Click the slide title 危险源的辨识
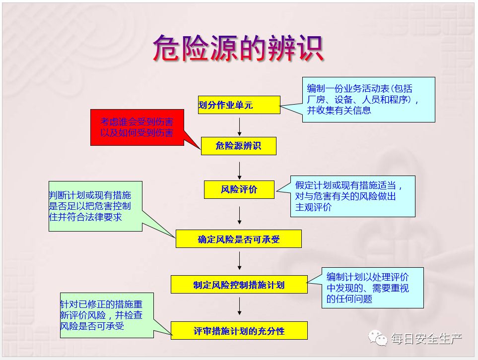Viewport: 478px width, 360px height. point(238,48)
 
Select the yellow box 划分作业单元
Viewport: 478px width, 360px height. point(239,105)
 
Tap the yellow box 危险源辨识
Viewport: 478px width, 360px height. point(239,146)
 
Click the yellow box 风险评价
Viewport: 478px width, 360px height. point(239,190)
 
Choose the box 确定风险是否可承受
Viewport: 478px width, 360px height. point(239,239)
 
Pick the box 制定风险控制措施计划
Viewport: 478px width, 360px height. point(239,285)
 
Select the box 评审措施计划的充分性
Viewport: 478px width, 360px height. point(239,330)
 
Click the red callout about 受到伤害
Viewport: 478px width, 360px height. point(137,127)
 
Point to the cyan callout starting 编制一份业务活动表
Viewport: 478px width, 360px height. point(369,100)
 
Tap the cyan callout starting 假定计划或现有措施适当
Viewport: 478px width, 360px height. point(353,196)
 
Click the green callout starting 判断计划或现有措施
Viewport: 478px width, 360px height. point(95,206)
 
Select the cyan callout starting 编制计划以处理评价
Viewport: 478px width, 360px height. point(373,288)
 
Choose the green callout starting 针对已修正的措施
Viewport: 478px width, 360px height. point(107,315)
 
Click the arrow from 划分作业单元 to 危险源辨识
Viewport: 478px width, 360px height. point(240,127)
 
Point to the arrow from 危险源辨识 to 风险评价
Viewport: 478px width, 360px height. point(240,171)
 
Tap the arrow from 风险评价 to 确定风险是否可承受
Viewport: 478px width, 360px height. point(240,215)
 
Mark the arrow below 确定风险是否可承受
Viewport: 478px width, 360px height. point(240,261)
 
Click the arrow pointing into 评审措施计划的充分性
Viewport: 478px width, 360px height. point(240,306)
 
